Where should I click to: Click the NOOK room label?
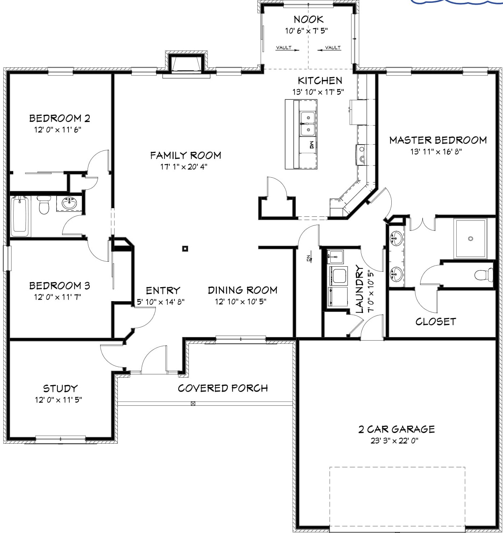[x=308, y=19]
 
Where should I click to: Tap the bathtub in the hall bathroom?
[x=19, y=216]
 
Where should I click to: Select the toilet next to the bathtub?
[x=44, y=205]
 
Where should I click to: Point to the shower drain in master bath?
[x=470, y=238]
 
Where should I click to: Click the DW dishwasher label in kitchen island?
[x=312, y=145]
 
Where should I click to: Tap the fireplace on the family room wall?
[x=186, y=64]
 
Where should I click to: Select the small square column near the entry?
[x=185, y=248]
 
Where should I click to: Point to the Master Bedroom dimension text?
[x=436, y=151]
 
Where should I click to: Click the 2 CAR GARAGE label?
[x=396, y=429]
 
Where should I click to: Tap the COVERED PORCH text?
[x=223, y=388]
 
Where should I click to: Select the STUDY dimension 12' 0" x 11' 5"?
[x=58, y=400]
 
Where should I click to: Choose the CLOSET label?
[x=436, y=322]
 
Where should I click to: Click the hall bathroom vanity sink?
[x=69, y=203]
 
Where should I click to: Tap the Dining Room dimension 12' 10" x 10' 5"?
[x=241, y=301]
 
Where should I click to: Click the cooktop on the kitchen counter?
[x=362, y=155]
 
